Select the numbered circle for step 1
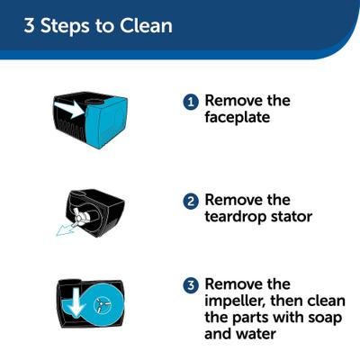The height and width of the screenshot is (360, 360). (190, 103)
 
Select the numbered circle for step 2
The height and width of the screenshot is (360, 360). (190, 201)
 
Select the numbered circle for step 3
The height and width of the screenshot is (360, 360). (190, 285)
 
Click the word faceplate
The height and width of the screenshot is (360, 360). (239, 118)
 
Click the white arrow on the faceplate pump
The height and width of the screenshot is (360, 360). (74, 108)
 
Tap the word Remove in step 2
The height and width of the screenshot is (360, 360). (235, 200)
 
